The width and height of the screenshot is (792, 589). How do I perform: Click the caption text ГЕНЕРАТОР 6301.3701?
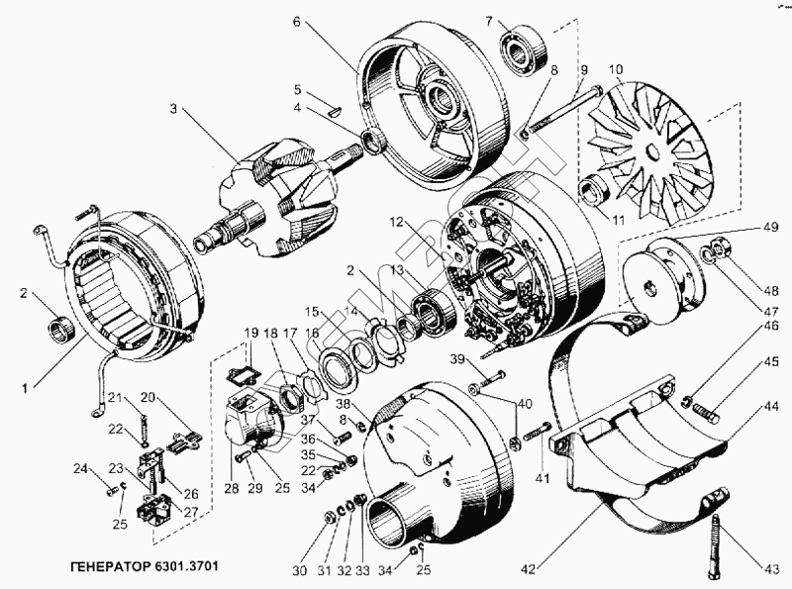pyautogui.click(x=146, y=568)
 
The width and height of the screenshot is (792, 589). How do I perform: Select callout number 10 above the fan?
pyautogui.click(x=616, y=70)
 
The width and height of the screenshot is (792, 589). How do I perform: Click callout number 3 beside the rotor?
pyautogui.click(x=174, y=109)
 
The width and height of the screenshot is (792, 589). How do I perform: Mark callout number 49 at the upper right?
pyautogui.click(x=769, y=227)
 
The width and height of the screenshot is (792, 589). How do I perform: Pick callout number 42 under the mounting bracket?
pyautogui.click(x=529, y=568)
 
